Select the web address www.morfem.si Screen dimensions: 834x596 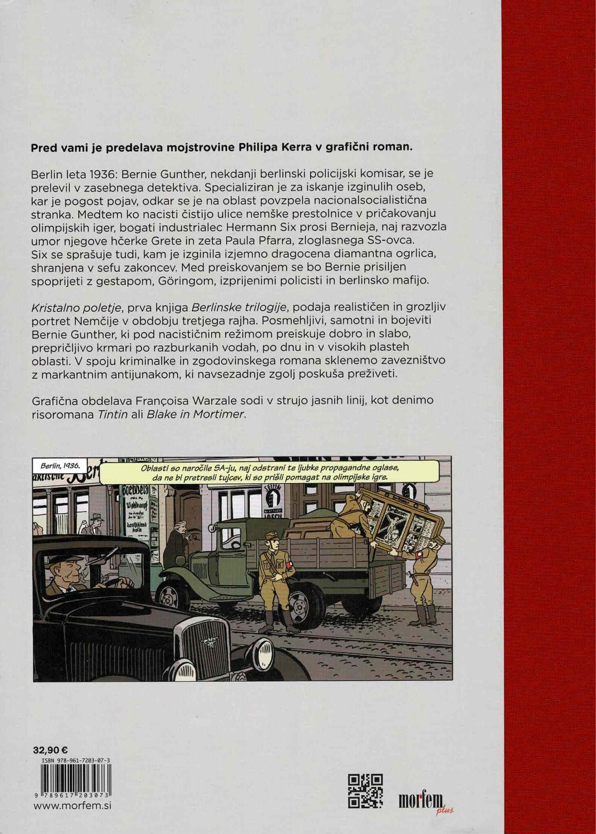click(x=72, y=805)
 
